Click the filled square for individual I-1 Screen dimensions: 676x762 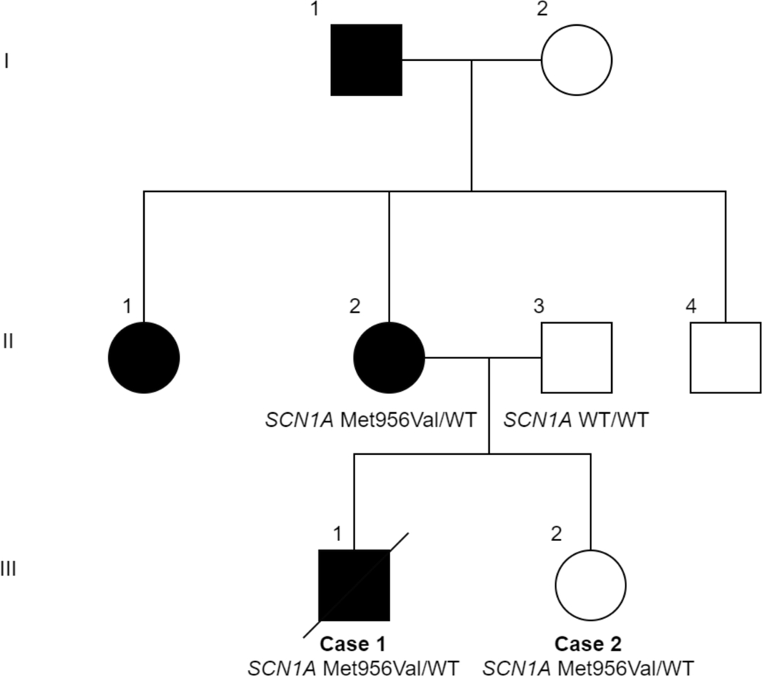point(366,59)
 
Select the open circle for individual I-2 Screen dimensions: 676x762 point(576,59)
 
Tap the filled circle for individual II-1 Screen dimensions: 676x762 point(144,357)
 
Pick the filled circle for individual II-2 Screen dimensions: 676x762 point(389,357)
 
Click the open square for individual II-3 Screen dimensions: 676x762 point(576,357)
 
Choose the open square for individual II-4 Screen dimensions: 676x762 point(725,357)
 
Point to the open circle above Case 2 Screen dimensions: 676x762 point(591,585)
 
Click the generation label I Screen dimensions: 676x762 point(7,60)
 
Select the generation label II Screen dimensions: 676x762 point(8,340)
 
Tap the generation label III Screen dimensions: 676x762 point(10,569)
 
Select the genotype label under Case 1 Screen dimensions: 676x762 point(353,668)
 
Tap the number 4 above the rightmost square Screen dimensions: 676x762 point(691,308)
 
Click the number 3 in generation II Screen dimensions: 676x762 point(539,308)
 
